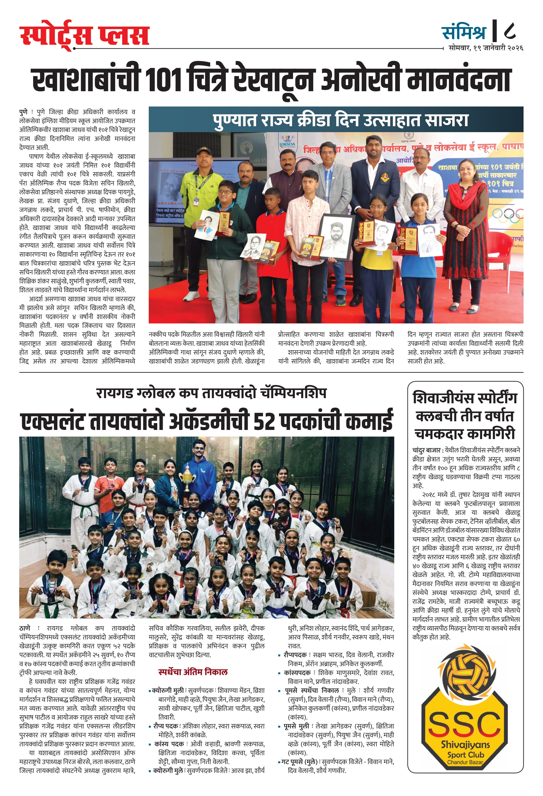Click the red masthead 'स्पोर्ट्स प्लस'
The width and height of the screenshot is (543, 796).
pyautogui.click(x=84, y=35)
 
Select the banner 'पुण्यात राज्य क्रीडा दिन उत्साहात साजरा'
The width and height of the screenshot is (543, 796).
pyautogui.click(x=340, y=120)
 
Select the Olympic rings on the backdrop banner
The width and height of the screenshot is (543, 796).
pyautogui.click(x=508, y=215)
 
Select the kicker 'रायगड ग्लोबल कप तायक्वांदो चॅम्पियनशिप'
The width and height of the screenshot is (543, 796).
pyautogui.click(x=211, y=393)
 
